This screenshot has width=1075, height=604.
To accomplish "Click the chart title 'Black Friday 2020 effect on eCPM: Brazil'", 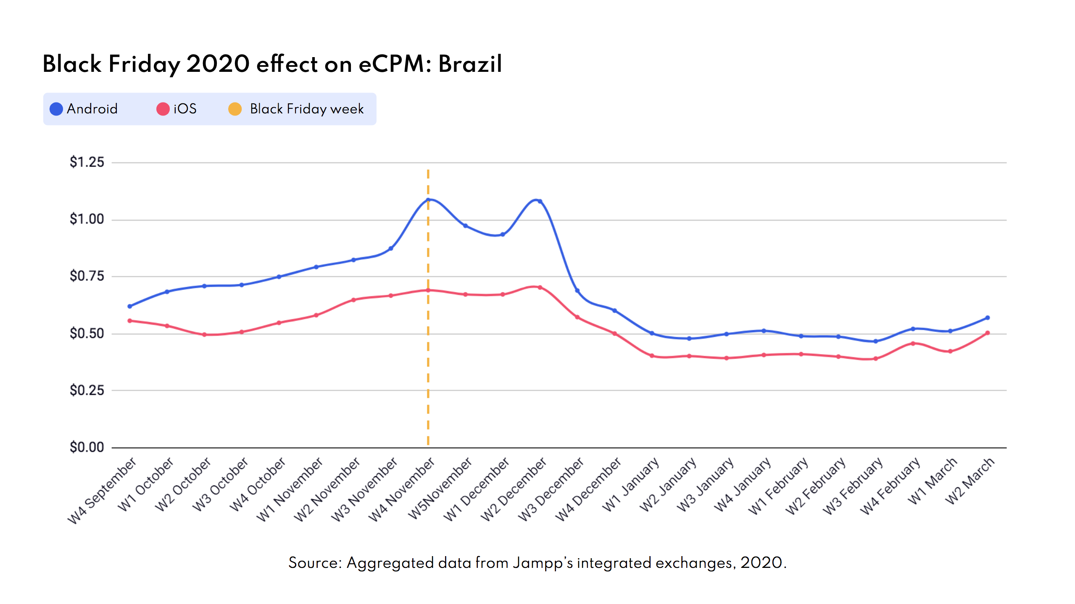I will pos(272,64).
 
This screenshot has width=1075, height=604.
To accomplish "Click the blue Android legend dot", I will pos(56,109).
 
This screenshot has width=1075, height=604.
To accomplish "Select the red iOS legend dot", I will pos(163,109).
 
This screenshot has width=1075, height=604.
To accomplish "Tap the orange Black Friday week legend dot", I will pos(235,109).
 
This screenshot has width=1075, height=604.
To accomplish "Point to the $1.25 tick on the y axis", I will pos(87,162).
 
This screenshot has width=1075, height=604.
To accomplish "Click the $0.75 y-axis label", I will pos(87,276).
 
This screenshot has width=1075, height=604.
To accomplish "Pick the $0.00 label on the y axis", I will pos(87,447).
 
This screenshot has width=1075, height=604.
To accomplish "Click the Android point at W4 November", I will pos(428,200).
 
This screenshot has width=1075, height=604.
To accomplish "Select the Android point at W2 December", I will pos(540,202).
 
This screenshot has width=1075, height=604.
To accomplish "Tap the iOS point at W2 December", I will pos(540,288).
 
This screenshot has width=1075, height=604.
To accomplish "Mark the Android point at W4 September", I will pos(129,306).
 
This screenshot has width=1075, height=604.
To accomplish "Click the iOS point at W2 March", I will pos(987,333).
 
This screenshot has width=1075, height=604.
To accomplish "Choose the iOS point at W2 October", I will pos(204,335).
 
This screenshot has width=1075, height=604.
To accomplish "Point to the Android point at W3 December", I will pos(577,291).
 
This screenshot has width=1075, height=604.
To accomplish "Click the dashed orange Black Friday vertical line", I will pos(428,357).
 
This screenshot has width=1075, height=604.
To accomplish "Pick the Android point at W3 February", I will pos(875,341).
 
